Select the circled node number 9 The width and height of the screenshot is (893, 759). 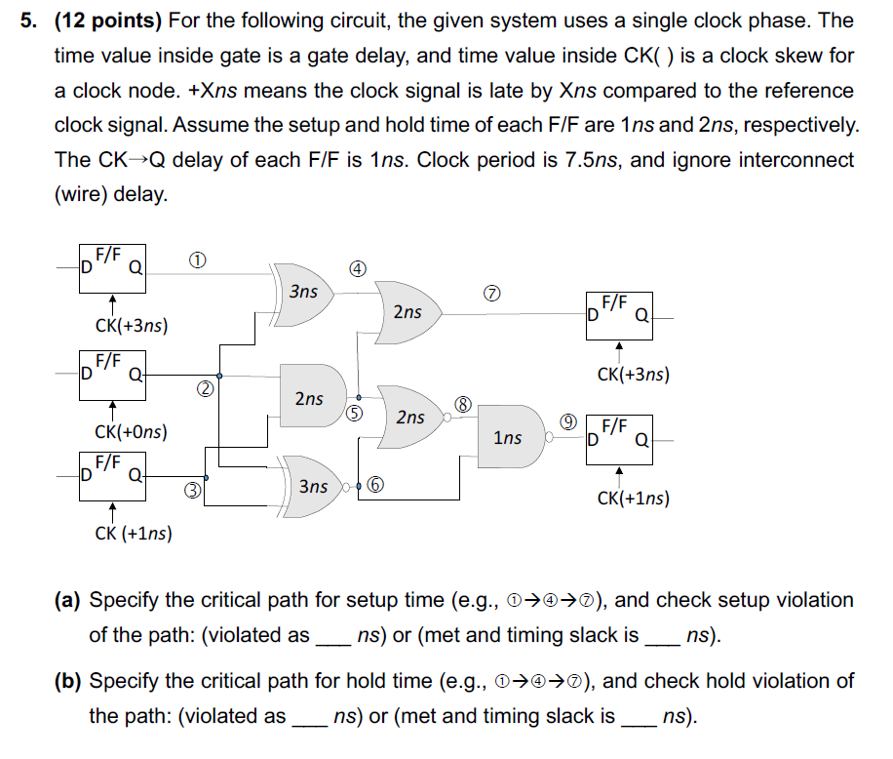point(565,420)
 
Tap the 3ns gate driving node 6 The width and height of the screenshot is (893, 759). point(312,485)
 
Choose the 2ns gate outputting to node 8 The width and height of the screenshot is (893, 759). point(410,417)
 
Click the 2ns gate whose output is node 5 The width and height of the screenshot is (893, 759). point(310,398)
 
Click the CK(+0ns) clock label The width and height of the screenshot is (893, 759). point(130,431)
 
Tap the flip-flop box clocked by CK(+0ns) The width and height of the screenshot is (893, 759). point(112,374)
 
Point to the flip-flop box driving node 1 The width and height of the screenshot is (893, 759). point(112,268)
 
